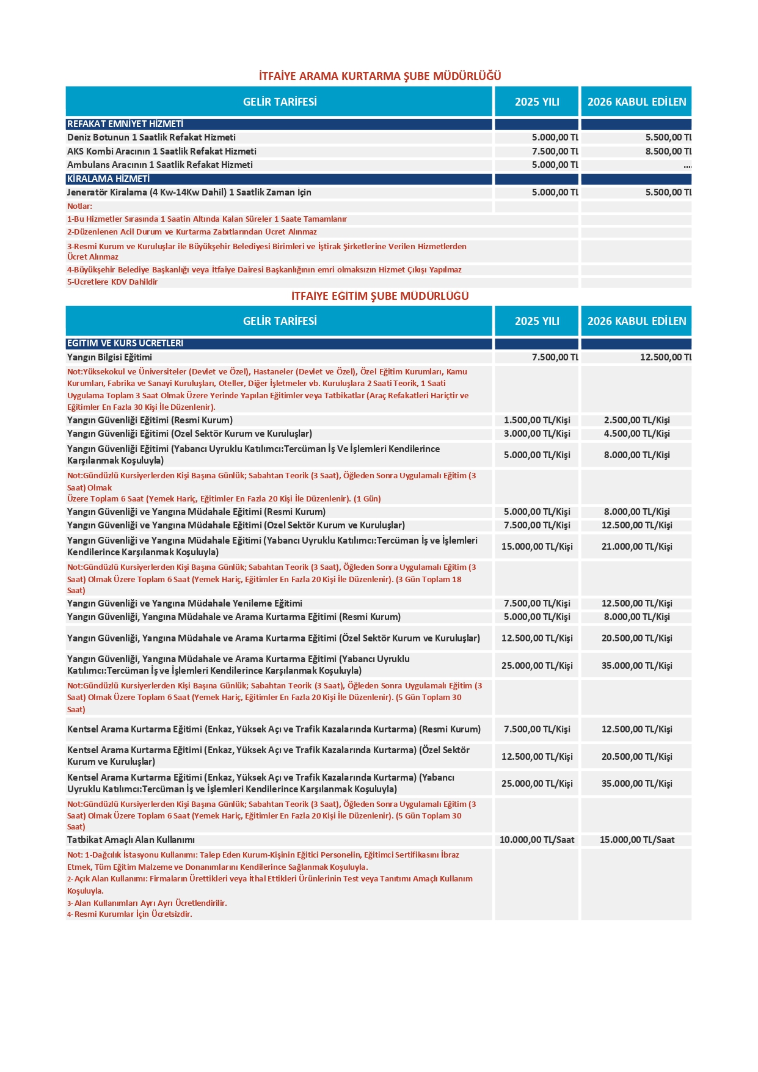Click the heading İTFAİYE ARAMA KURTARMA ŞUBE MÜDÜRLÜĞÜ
(x=379, y=76)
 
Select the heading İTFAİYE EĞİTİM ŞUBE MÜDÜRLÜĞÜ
(x=379, y=296)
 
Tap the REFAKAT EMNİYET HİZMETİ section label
(x=125, y=124)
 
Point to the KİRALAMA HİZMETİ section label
(x=108, y=179)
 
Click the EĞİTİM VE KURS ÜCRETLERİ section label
(x=125, y=343)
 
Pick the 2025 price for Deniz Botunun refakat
(x=555, y=137)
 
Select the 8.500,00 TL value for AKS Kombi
(x=668, y=151)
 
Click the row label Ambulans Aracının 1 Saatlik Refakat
(x=160, y=165)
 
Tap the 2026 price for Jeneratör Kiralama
(x=668, y=192)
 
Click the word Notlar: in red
(x=80, y=206)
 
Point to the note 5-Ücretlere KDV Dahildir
(x=112, y=282)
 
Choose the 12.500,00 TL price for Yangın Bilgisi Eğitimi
(x=665, y=357)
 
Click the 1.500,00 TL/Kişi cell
(x=537, y=420)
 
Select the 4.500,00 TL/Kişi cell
(x=636, y=434)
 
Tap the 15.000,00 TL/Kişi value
(x=537, y=547)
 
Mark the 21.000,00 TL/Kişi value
(x=636, y=547)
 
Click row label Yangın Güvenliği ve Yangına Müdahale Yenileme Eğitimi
(x=184, y=603)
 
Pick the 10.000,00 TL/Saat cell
(x=537, y=840)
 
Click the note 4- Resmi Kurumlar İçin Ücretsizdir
(x=129, y=914)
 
